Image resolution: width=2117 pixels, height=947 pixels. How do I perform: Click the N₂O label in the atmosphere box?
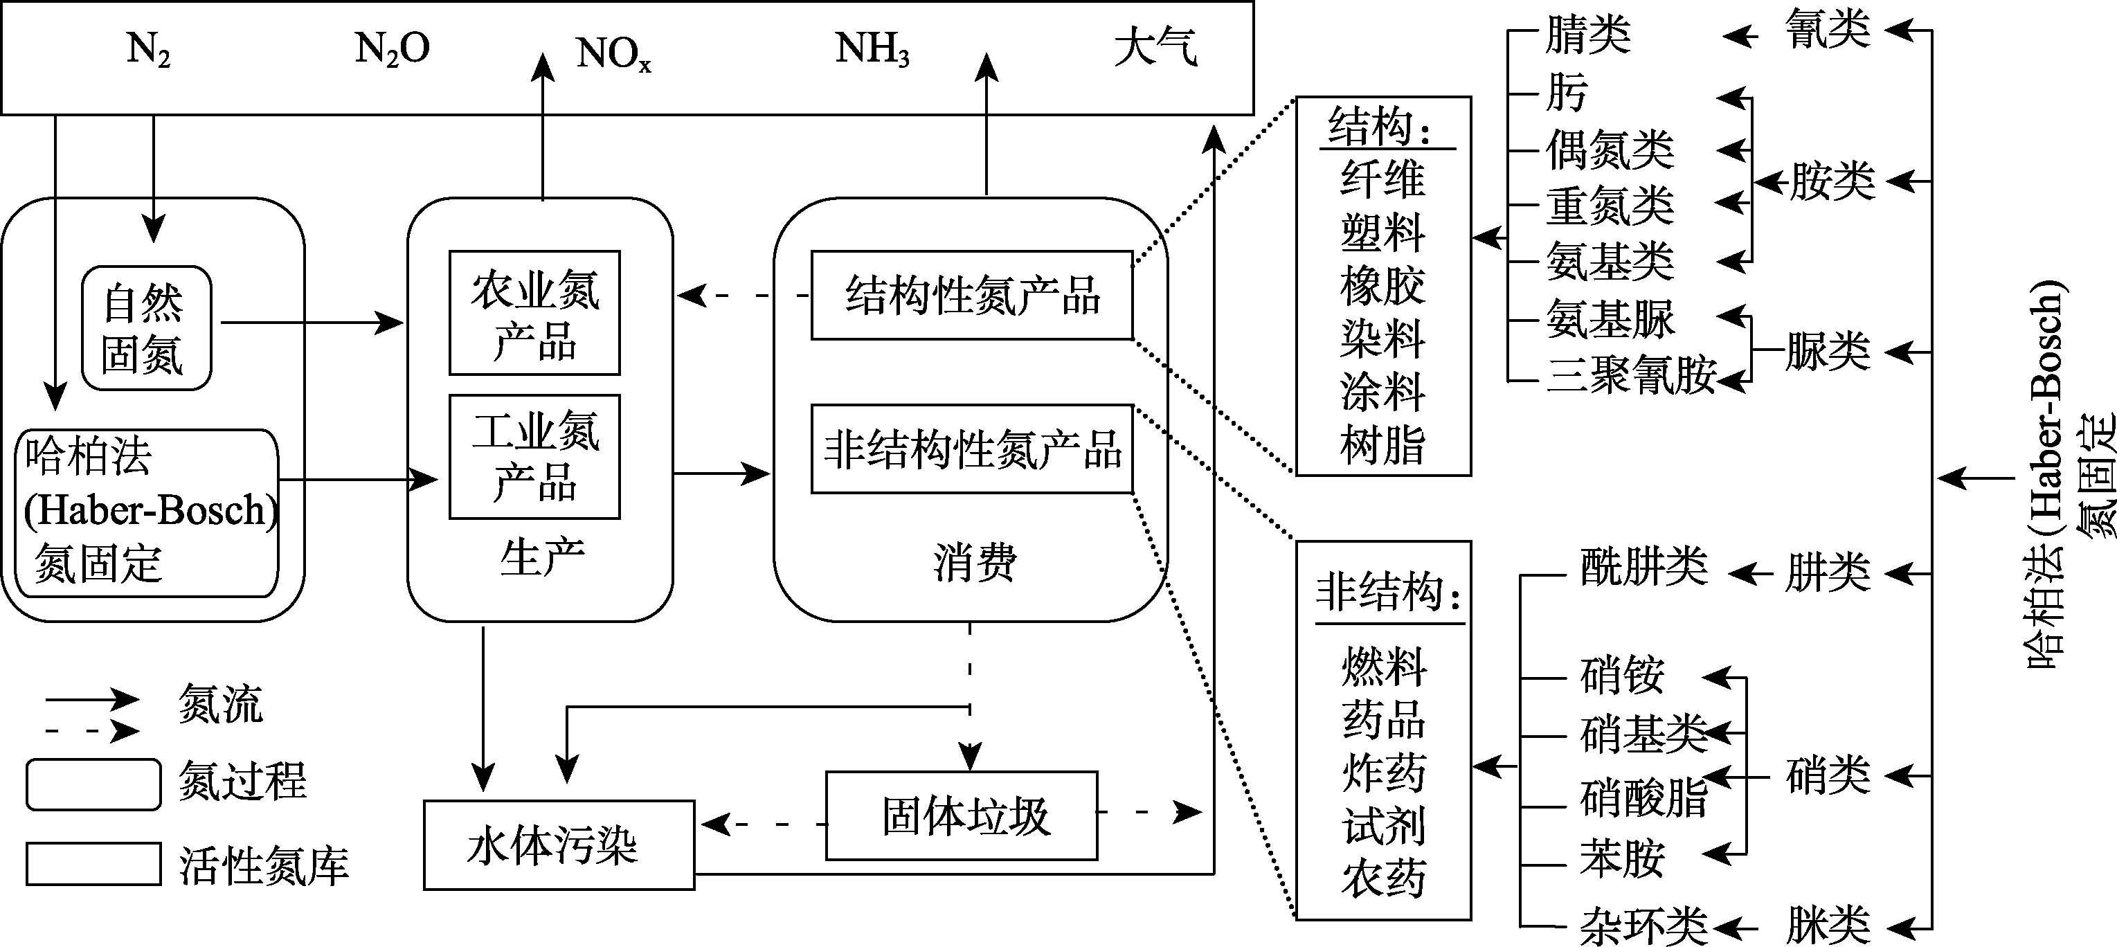392,49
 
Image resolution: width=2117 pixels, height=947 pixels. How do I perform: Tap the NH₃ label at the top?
872,49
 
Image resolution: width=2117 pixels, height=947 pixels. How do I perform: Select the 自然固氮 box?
146,328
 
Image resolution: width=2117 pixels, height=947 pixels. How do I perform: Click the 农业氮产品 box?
534,313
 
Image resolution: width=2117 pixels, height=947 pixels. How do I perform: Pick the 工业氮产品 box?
534,457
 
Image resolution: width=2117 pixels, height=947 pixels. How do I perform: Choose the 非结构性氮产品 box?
971,449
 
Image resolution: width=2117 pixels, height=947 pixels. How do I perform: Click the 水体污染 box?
559,845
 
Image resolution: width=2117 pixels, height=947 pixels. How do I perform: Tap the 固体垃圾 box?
962,816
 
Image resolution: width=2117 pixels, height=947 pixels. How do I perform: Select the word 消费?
975,563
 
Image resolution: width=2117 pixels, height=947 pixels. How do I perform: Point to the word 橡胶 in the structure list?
1382,286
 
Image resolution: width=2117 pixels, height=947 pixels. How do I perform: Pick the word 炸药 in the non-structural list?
1384,773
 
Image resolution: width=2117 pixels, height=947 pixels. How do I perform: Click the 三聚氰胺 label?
1631,375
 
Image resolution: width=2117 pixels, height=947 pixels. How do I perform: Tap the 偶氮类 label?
1610,150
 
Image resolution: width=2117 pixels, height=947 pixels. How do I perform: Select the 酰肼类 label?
1643,567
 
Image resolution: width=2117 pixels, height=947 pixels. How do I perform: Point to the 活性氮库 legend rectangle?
93,864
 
